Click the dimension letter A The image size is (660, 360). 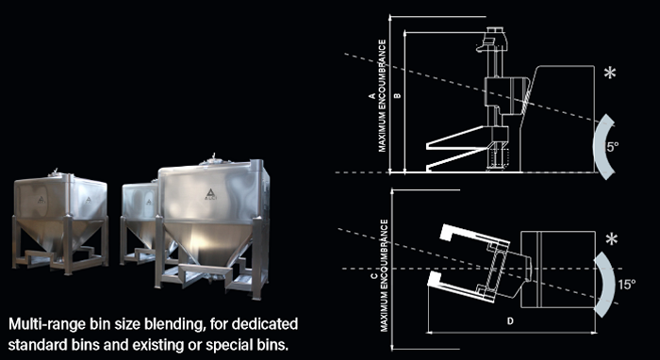[372, 95]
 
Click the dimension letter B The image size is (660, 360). [398, 95]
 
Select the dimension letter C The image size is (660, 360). [373, 276]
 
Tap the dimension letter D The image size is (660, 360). [510, 321]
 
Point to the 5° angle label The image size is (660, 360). [613, 147]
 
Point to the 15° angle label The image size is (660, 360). [627, 285]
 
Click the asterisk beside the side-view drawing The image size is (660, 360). [610, 74]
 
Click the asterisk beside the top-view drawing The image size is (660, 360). [612, 239]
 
